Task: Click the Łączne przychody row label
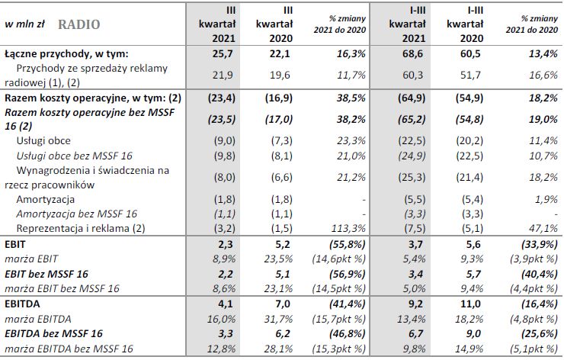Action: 66,55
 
